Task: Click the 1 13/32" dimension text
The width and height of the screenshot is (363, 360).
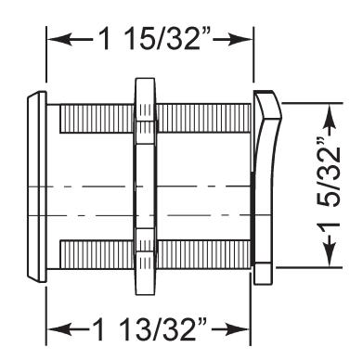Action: pos(149,328)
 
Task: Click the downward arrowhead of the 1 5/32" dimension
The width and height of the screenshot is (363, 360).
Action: pos(330,253)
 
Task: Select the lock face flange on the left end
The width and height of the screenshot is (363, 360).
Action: pos(37,186)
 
